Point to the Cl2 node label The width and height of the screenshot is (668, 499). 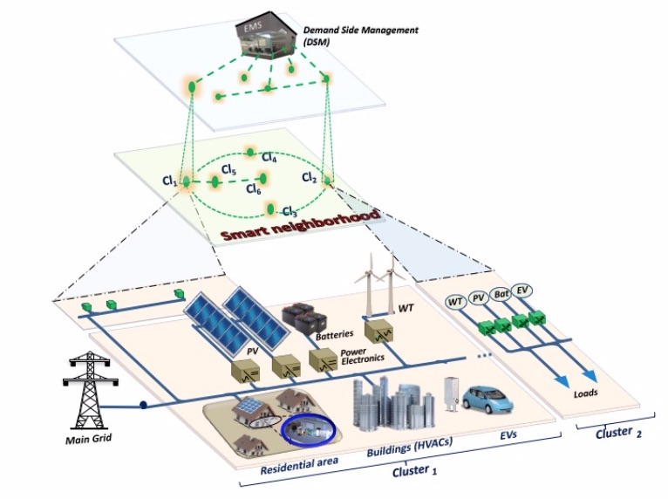click(309, 177)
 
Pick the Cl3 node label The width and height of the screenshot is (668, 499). click(290, 212)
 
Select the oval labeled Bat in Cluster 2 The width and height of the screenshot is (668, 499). click(501, 295)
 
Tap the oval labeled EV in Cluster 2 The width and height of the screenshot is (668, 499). click(523, 291)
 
